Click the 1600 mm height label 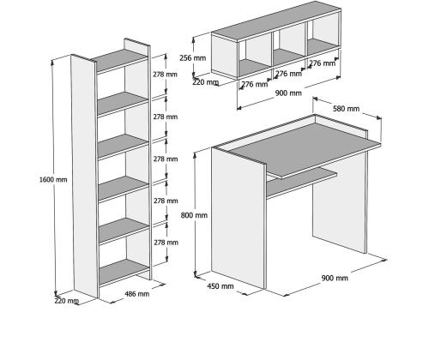coord(53,180)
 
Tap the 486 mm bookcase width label coord(137,294)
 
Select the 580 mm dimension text coord(346,109)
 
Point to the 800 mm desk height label coord(194,215)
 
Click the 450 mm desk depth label coord(221,286)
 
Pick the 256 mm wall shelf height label coord(193,58)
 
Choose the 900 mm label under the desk coord(335,278)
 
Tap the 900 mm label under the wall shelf coord(288,93)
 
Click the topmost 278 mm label coord(165,75)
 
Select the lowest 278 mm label coord(166,243)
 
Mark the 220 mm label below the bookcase coord(66,301)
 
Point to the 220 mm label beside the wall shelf coord(205,82)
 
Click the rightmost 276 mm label coord(322,63)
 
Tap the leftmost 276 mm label coord(255,84)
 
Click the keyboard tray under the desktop coord(302,183)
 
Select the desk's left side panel coord(238,218)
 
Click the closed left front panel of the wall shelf coord(225,56)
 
